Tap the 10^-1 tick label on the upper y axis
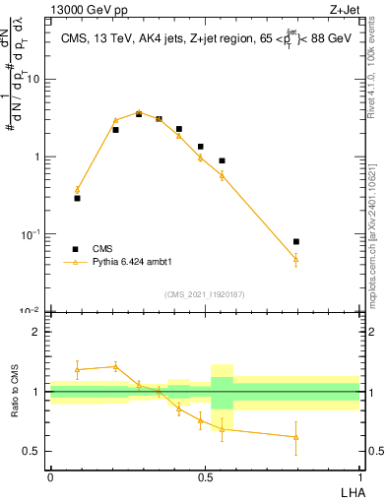pyautogui.click(x=32, y=234)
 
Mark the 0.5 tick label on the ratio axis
pyautogui.click(x=33, y=452)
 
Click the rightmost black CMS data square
pyautogui.click(x=296, y=241)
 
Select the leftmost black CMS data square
pyautogui.click(x=77, y=198)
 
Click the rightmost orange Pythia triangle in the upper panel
pyautogui.click(x=296, y=259)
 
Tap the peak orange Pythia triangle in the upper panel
pyautogui.click(x=139, y=112)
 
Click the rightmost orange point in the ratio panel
pyautogui.click(x=296, y=437)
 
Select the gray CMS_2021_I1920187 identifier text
pyautogui.click(x=205, y=294)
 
